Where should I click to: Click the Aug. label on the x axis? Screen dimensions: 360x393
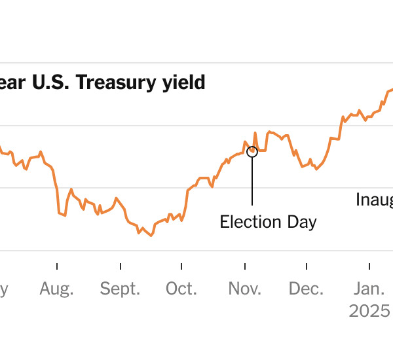[56, 289]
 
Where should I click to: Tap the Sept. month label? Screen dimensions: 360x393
[120, 289]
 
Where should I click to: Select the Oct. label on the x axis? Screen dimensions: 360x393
[181, 289]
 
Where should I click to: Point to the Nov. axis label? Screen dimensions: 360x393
[244, 289]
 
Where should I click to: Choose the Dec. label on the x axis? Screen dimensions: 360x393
[306, 289]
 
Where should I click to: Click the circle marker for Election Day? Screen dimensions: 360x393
[252, 152]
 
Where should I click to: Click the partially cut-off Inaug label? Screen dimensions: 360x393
[374, 199]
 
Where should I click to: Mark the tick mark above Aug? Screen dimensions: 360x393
[57, 266]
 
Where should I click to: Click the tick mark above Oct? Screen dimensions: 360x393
[181, 266]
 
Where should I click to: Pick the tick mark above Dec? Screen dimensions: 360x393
[306, 266]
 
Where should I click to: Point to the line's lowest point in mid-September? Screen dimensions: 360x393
[151, 236]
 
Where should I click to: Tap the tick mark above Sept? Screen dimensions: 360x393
[121, 266]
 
